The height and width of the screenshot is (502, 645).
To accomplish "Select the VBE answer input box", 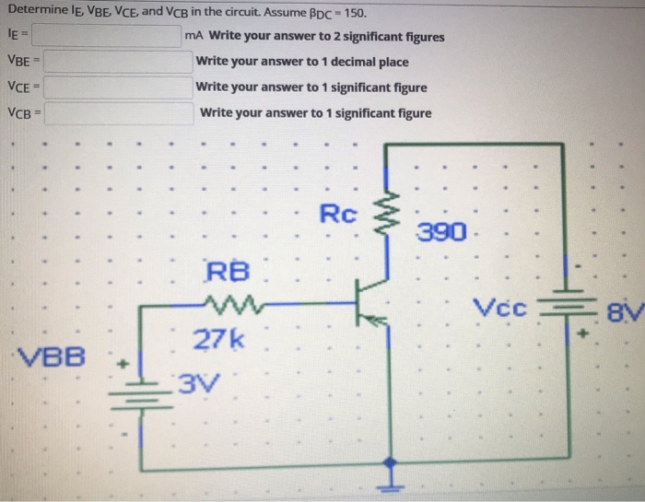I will click(x=118, y=63).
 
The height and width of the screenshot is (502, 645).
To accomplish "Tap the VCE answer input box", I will click(x=118, y=88).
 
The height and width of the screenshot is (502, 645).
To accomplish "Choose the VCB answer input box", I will click(x=118, y=113).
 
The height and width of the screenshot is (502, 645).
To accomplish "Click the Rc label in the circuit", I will click(x=337, y=215).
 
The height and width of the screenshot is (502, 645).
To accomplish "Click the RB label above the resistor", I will click(x=227, y=273).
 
